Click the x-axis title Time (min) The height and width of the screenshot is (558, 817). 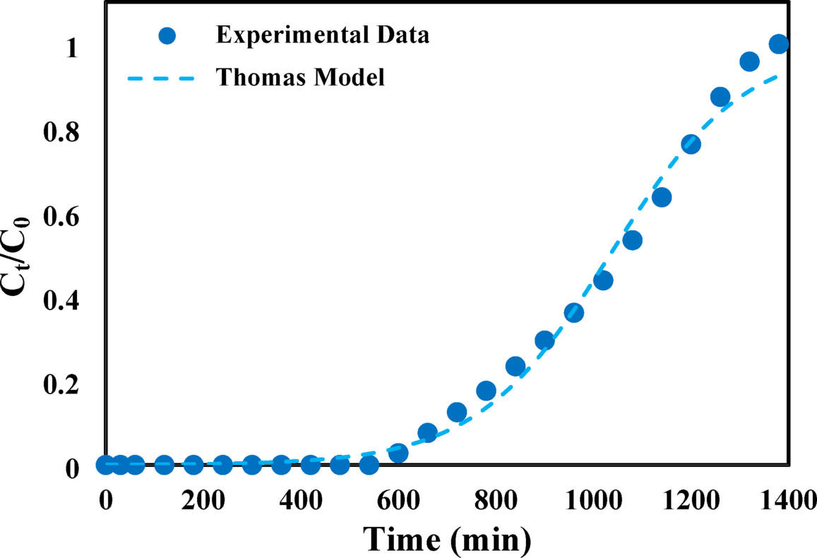448,540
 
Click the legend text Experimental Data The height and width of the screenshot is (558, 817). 322,35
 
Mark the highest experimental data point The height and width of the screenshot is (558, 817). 779,44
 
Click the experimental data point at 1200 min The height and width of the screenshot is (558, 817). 691,144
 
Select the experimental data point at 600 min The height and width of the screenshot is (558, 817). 398,453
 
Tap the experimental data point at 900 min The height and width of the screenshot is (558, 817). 544,341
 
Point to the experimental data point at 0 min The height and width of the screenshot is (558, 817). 106,465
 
